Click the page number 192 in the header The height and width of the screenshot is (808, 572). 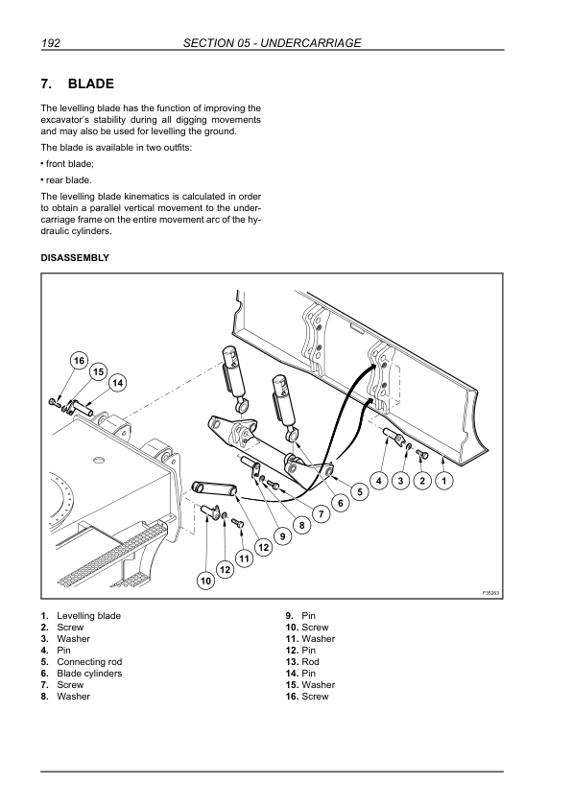[51, 43]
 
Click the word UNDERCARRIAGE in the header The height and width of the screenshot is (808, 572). [311, 43]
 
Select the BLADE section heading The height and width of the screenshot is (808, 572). [91, 83]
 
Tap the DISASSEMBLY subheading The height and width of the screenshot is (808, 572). [75, 257]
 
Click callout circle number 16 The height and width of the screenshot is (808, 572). [79, 361]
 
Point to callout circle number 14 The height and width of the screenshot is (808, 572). [117, 383]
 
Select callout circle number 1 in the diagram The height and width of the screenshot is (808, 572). [444, 482]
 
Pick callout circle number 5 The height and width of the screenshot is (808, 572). [360, 492]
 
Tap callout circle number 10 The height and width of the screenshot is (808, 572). [206, 582]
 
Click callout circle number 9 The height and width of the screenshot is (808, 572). [282, 536]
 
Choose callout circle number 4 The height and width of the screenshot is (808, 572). [379, 482]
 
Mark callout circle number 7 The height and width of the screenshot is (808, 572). [322, 513]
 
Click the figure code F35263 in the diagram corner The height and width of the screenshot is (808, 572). [491, 593]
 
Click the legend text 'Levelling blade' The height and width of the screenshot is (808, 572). [88, 616]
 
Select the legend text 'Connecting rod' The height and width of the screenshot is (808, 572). [89, 661]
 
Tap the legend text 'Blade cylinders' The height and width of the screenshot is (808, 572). [89, 674]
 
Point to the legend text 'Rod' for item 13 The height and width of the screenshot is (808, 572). [310, 661]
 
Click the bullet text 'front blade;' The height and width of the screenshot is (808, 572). [70, 164]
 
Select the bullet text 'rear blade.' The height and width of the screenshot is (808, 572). [68, 180]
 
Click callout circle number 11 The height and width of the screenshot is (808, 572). [245, 558]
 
